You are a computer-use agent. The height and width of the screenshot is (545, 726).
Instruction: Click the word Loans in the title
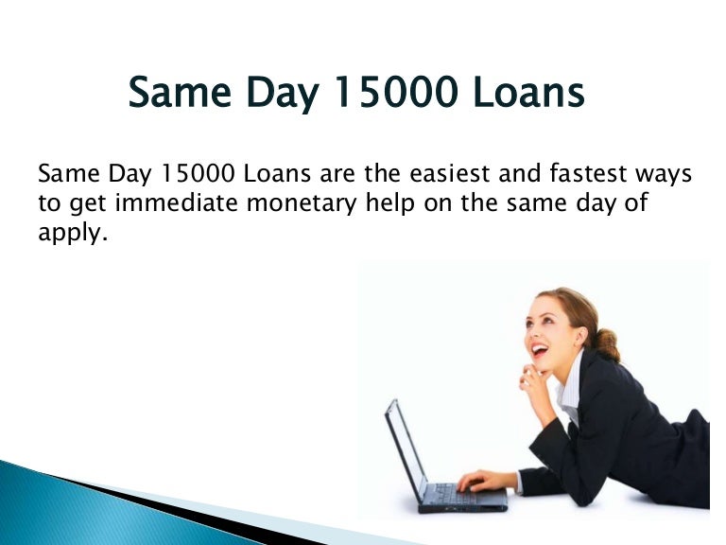tap(528, 92)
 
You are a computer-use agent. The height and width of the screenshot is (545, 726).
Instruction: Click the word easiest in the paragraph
tap(449, 173)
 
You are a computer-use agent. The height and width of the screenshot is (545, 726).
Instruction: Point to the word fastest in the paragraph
tap(588, 173)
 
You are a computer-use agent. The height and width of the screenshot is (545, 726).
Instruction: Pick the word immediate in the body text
tap(177, 203)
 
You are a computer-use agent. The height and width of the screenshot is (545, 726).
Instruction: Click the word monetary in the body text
tap(302, 204)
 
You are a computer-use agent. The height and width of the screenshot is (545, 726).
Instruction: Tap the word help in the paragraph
tap(389, 204)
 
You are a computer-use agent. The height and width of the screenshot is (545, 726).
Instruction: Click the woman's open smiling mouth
tap(539, 348)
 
